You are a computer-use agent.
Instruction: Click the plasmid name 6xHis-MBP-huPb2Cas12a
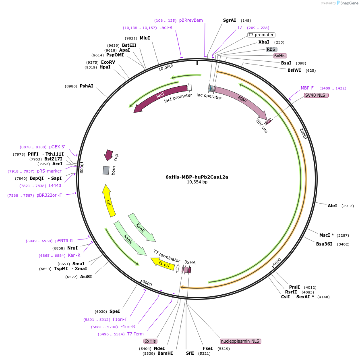pyautogui.click(x=197, y=177)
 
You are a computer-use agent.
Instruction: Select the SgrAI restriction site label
pyautogui.click(x=230, y=20)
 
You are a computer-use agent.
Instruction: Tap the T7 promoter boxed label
pyautogui.click(x=261, y=35)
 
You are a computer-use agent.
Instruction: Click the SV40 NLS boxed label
pyautogui.click(x=316, y=95)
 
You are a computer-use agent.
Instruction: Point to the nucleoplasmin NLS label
pyautogui.click(x=241, y=341)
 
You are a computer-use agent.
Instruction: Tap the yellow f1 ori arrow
pyautogui.click(x=163, y=264)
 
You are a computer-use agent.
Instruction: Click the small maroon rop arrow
pyautogui.click(x=108, y=155)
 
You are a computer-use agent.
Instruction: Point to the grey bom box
pyautogui.click(x=106, y=171)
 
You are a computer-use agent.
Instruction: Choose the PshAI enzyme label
pyautogui.click(x=86, y=86)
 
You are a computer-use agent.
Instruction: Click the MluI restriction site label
pyautogui.click(x=145, y=38)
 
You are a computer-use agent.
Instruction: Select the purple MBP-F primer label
pyautogui.click(x=307, y=88)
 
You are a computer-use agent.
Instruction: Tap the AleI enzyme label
pyautogui.click(x=332, y=206)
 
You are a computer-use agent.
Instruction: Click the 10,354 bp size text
pyautogui.click(x=197, y=182)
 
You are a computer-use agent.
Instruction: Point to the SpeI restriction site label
pyautogui.click(x=115, y=311)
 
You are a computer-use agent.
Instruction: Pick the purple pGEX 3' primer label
pyautogui.click(x=57, y=147)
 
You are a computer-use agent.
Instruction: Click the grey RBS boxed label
pyautogui.click(x=271, y=49)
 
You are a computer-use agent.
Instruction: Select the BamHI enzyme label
pyautogui.click(x=165, y=353)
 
